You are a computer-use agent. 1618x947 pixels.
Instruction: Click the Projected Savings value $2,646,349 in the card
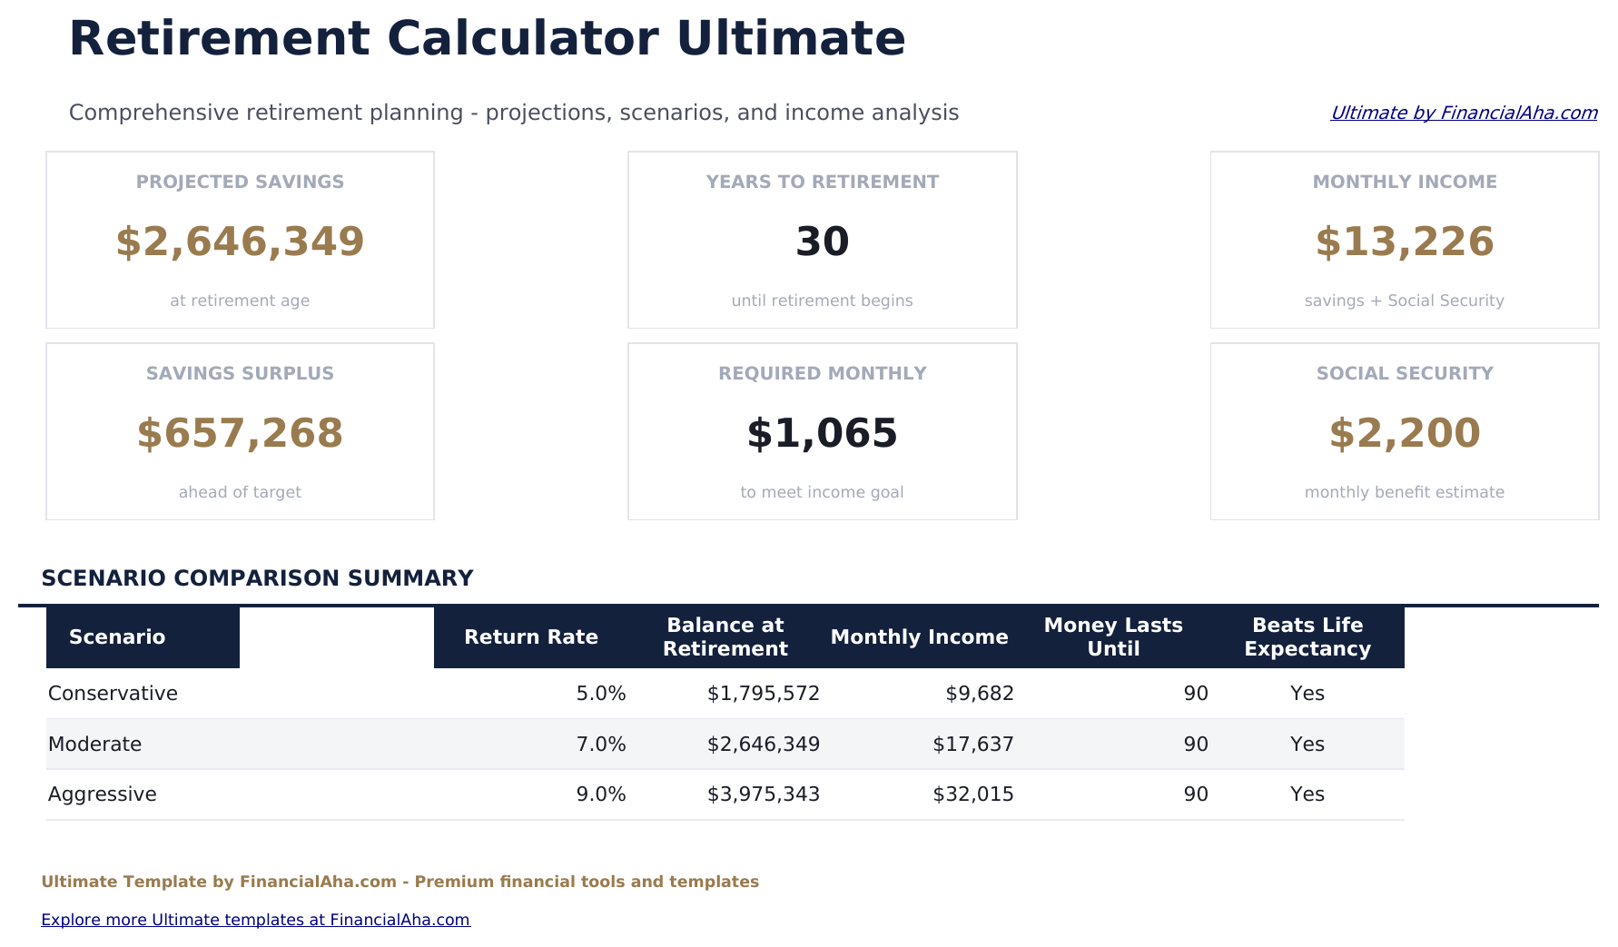(240, 242)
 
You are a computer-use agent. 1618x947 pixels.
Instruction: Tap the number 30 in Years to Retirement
(822, 242)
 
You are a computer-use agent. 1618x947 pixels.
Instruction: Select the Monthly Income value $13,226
(1404, 242)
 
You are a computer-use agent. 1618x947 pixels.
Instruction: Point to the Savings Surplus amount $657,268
(240, 434)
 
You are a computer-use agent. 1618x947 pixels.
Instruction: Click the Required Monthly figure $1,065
(822, 434)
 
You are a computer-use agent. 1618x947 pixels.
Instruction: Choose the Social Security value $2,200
(1404, 434)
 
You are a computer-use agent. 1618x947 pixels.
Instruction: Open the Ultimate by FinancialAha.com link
(1463, 113)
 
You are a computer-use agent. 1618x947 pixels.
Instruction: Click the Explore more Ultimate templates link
(255, 920)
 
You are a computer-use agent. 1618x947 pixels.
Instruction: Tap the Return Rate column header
(530, 637)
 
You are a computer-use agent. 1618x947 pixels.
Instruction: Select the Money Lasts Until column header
(1113, 637)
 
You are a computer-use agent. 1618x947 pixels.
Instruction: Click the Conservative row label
(113, 694)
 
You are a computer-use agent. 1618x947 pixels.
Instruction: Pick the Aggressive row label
(102, 794)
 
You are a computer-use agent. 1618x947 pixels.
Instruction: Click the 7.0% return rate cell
(600, 745)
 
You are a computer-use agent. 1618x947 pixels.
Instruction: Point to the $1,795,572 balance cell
(763, 694)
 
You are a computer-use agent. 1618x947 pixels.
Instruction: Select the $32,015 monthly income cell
(972, 794)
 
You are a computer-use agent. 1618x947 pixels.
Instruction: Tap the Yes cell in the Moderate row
(1307, 745)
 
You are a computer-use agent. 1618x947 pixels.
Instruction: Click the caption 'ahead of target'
(240, 492)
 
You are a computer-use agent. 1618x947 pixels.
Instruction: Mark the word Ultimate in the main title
(790, 39)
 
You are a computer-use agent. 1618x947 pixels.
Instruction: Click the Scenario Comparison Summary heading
(257, 578)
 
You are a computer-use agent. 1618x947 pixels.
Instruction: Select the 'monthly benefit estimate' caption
(1404, 492)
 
